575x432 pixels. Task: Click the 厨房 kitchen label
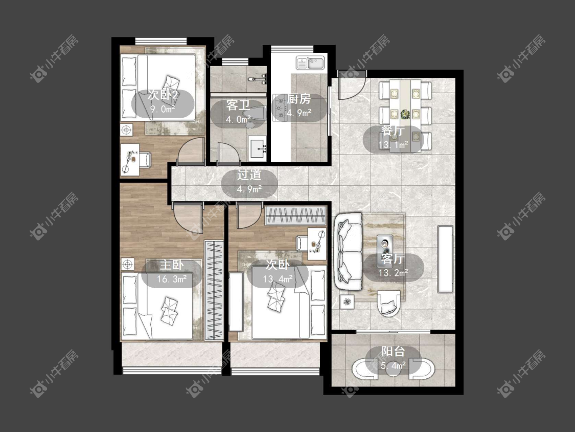299,98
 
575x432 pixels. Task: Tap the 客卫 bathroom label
238,105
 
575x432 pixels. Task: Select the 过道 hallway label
249,175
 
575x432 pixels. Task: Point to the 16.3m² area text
172,279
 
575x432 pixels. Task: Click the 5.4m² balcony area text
393,365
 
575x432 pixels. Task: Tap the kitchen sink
311,63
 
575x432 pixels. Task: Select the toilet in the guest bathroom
256,117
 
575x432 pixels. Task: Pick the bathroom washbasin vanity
258,148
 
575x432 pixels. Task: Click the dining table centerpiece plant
405,114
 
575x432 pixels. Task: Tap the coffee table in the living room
385,245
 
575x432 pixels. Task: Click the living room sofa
348,252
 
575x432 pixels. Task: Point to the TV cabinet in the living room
446,260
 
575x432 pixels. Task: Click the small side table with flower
347,302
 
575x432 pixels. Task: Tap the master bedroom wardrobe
214,290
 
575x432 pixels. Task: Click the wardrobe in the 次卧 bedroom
295,215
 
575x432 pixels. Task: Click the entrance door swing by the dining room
352,85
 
